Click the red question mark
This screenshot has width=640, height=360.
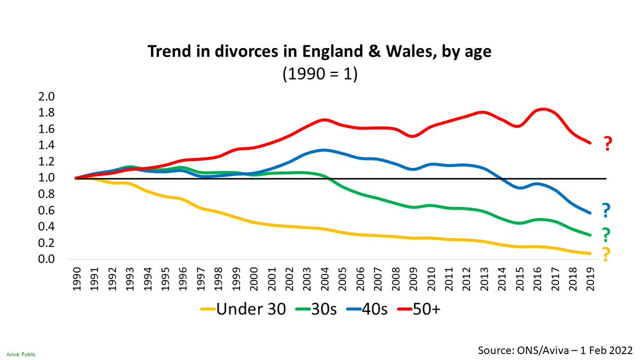coord(607,144)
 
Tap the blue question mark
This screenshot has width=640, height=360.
coord(606,211)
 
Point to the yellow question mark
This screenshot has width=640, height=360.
coord(606,255)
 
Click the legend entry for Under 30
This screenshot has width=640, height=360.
coord(244,309)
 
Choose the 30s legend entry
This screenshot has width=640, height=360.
coord(318,309)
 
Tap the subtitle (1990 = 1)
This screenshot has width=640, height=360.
coord(319,73)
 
